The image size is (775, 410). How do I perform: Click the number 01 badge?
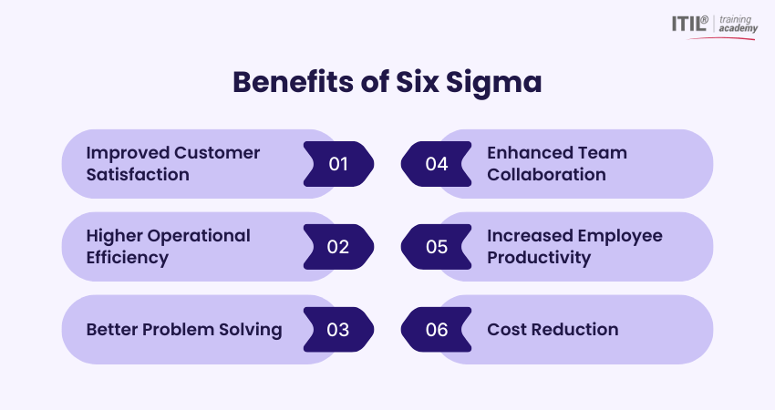(x=338, y=164)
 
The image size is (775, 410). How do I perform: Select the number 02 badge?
(x=338, y=247)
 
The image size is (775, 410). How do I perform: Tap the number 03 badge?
(x=338, y=330)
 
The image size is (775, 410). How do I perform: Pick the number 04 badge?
(x=437, y=164)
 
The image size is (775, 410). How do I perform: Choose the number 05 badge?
(x=437, y=247)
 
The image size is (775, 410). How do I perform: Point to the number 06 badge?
(x=437, y=330)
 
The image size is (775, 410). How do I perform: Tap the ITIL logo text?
(x=687, y=24)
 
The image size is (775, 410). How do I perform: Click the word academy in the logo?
(x=738, y=29)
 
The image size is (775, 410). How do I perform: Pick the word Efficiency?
(x=128, y=258)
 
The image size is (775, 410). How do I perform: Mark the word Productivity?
(x=539, y=258)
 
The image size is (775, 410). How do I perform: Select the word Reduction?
(x=575, y=330)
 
